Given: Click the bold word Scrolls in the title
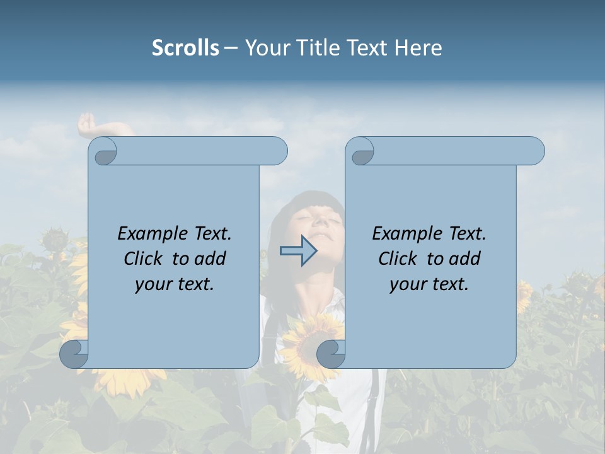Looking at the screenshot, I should click(185, 48).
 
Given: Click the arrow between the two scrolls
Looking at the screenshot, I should click(298, 251).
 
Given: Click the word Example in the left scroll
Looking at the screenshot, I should click(149, 234).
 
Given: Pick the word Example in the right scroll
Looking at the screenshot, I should click(403, 234).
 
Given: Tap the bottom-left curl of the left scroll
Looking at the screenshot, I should click(74, 354).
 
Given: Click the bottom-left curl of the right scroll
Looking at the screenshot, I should click(331, 354).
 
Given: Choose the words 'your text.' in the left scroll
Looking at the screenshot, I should click(175, 284).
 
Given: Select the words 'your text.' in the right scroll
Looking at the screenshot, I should click(429, 284).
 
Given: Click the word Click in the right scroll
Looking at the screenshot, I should click(397, 259).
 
